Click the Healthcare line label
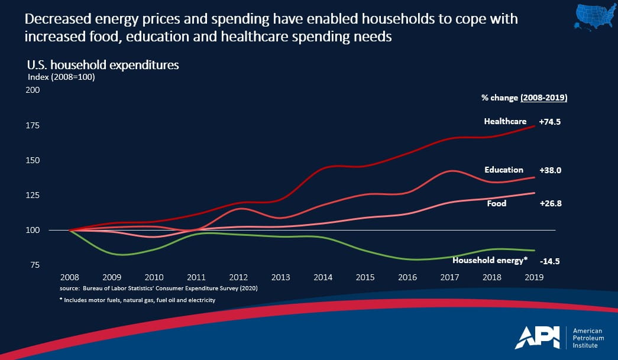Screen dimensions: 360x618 click(x=504, y=121)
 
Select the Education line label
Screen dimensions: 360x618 click(x=504, y=170)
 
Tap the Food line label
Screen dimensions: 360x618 click(x=496, y=203)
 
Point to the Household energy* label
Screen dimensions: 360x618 click(x=488, y=260)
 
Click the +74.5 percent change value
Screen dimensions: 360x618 click(x=549, y=121)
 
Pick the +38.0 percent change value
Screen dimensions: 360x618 click(x=549, y=170)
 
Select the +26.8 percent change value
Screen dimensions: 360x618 click(x=549, y=203)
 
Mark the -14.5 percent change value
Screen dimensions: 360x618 click(x=550, y=261)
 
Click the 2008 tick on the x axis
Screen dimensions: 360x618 click(x=70, y=277)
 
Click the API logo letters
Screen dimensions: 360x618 click(x=539, y=338)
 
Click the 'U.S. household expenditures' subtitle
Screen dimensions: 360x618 click(x=103, y=65)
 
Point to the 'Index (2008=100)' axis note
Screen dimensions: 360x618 click(x=62, y=76)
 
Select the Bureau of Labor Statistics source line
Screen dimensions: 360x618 click(x=158, y=288)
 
